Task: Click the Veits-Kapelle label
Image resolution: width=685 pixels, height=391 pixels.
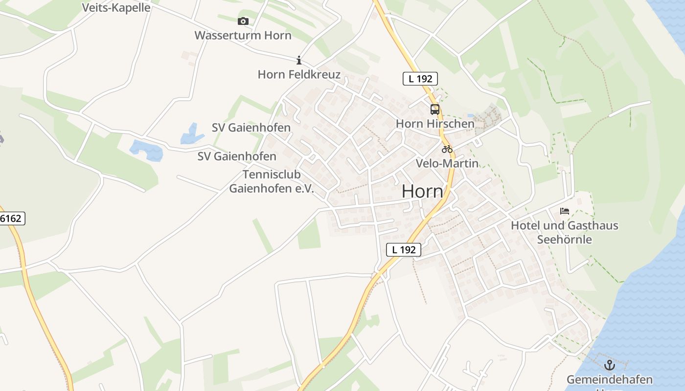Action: (116, 8)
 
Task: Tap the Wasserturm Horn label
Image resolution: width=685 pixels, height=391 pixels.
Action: (243, 35)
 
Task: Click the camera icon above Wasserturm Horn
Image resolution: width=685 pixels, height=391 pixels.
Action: (243, 21)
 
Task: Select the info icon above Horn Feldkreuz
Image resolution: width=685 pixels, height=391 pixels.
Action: (298, 60)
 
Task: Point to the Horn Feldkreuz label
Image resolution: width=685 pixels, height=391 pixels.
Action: (298, 74)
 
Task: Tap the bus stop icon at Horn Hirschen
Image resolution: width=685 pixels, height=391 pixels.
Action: (434, 109)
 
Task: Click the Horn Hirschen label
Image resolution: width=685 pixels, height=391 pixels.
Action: (435, 124)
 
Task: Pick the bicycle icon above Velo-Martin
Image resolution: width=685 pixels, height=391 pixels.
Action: (447, 149)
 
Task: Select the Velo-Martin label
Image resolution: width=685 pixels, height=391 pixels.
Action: (447, 163)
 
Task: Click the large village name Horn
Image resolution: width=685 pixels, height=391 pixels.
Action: (422, 192)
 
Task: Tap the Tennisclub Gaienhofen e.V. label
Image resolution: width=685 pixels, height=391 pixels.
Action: (272, 182)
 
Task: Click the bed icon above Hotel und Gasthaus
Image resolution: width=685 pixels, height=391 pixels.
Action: (565, 211)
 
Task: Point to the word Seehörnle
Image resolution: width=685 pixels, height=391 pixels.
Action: (564, 239)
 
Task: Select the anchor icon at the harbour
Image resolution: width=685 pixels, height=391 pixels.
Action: (609, 365)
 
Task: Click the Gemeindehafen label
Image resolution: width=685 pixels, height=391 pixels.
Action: (609, 380)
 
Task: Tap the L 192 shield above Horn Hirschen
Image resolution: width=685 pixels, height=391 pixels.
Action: (420, 79)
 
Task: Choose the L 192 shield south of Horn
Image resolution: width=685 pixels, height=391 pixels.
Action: (404, 250)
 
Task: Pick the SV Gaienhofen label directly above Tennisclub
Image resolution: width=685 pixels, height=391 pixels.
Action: (237, 156)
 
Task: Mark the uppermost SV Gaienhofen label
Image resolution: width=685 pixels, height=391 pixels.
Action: (251, 128)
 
